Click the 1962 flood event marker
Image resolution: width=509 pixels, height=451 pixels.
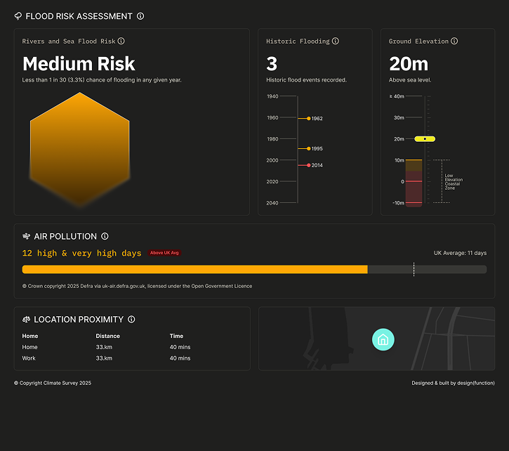click(x=309, y=119)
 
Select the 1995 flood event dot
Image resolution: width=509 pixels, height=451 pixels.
click(x=309, y=148)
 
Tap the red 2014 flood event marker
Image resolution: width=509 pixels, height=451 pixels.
click(x=309, y=165)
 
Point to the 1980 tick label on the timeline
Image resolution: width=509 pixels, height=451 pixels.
click(x=272, y=139)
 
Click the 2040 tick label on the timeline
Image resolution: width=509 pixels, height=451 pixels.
click(x=272, y=203)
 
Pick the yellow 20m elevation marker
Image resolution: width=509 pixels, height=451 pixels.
click(x=425, y=139)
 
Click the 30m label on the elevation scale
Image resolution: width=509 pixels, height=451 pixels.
click(x=399, y=117)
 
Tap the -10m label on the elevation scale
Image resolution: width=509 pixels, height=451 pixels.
click(x=398, y=203)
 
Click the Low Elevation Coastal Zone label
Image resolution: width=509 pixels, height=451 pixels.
click(x=454, y=182)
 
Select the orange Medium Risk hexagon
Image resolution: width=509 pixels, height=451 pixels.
click(x=79, y=149)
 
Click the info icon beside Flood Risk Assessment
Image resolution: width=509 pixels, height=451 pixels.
click(x=140, y=16)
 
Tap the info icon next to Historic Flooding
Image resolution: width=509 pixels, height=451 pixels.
click(x=336, y=41)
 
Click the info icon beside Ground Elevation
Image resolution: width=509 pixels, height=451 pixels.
click(x=454, y=41)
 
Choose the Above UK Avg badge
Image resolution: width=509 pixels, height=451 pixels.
click(x=164, y=253)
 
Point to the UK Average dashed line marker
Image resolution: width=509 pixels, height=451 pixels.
click(x=414, y=269)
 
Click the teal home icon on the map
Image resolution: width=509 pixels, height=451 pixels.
click(x=383, y=340)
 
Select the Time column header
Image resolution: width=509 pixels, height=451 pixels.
click(x=176, y=336)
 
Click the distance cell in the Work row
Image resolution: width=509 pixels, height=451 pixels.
click(x=104, y=358)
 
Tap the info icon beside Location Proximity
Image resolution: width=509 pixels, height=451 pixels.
click(x=131, y=320)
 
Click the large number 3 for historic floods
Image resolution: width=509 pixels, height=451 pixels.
click(x=272, y=64)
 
